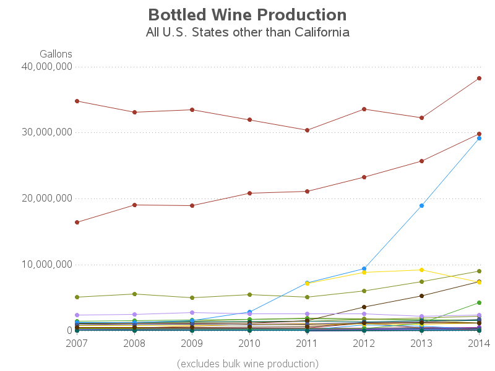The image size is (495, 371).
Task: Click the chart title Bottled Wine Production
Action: click(x=247, y=15)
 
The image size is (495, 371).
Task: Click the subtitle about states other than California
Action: click(x=247, y=32)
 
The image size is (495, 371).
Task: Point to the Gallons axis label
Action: click(x=56, y=54)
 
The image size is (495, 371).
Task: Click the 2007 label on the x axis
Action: click(x=77, y=343)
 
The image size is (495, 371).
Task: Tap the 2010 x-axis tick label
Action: click(x=249, y=343)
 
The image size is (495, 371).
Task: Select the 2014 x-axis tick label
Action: click(x=479, y=343)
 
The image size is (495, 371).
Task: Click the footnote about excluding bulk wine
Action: click(x=247, y=363)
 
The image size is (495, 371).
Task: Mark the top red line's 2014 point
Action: click(x=479, y=79)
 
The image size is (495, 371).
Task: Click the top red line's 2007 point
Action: click(x=77, y=101)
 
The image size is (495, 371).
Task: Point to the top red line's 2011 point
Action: click(x=307, y=130)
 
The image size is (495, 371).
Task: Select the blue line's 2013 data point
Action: click(x=422, y=205)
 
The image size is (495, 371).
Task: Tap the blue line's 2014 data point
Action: click(x=479, y=139)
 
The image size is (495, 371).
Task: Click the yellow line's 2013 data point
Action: click(x=422, y=270)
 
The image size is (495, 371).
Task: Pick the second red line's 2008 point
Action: click(x=134, y=205)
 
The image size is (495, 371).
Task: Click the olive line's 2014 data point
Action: click(x=479, y=271)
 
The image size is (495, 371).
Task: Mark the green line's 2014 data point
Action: click(x=479, y=302)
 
